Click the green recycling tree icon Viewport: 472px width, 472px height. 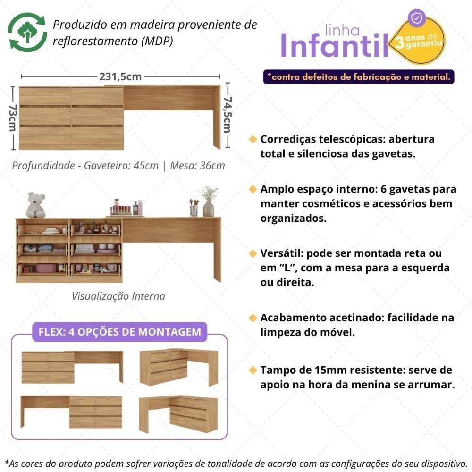[27, 32]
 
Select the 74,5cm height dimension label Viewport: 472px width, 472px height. [228, 115]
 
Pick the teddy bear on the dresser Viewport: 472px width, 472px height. [36, 205]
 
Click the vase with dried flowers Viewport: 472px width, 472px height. [208, 202]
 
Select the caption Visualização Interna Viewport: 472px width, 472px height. [118, 296]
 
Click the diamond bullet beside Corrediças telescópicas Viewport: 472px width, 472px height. [253, 140]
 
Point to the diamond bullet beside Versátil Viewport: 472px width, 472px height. [253, 254]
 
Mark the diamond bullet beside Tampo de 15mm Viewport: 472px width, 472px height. [253, 370]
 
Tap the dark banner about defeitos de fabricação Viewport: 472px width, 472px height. [358, 76]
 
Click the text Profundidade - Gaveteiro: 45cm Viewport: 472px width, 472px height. [85, 166]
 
